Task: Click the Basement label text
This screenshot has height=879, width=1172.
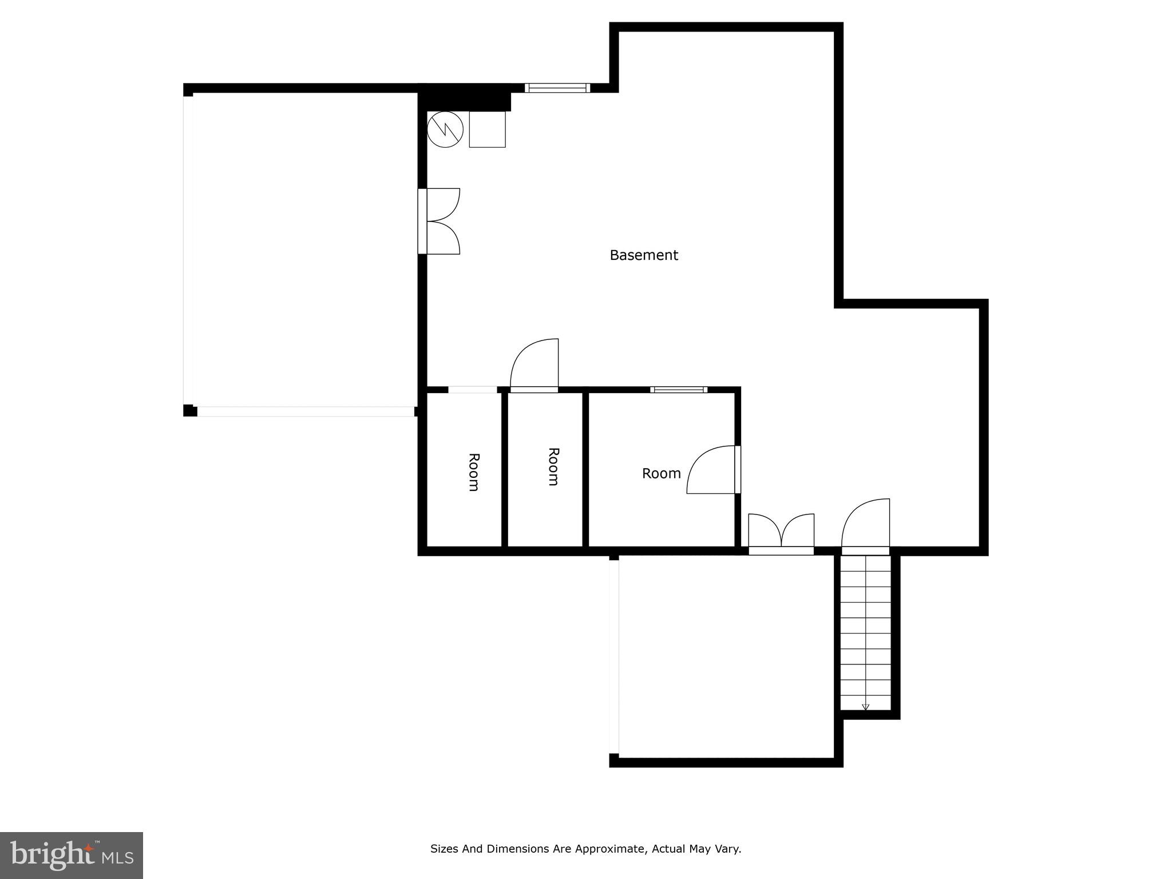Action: (x=643, y=255)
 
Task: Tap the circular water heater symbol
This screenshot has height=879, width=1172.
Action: (x=445, y=129)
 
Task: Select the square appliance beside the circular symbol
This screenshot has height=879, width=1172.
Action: (x=487, y=129)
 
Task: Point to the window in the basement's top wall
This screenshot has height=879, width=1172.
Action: (x=557, y=88)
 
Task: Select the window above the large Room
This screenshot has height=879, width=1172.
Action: (x=679, y=390)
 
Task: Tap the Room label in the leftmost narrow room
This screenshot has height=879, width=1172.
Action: (x=473, y=472)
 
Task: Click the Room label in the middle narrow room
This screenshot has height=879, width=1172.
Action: (x=553, y=467)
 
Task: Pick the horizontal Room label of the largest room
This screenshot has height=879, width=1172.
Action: (x=661, y=474)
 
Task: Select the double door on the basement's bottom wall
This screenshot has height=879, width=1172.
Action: (x=781, y=533)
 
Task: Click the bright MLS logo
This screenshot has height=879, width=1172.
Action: (x=71, y=855)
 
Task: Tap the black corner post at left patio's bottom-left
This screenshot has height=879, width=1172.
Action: (x=189, y=410)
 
